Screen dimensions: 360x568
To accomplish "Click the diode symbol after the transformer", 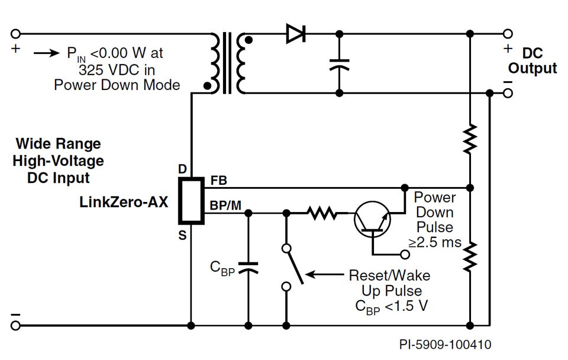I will [x=295, y=33].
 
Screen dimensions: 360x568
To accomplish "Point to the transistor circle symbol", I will [x=371, y=219].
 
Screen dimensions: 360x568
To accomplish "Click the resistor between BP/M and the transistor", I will [x=322, y=211].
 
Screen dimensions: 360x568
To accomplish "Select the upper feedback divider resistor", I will [x=470, y=139].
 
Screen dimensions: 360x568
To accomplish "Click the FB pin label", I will [x=218, y=180].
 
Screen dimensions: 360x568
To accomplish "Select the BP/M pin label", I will [x=225, y=205].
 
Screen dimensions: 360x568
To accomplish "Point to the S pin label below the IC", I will [x=182, y=236].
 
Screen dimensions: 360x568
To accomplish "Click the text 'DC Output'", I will [x=532, y=61].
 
